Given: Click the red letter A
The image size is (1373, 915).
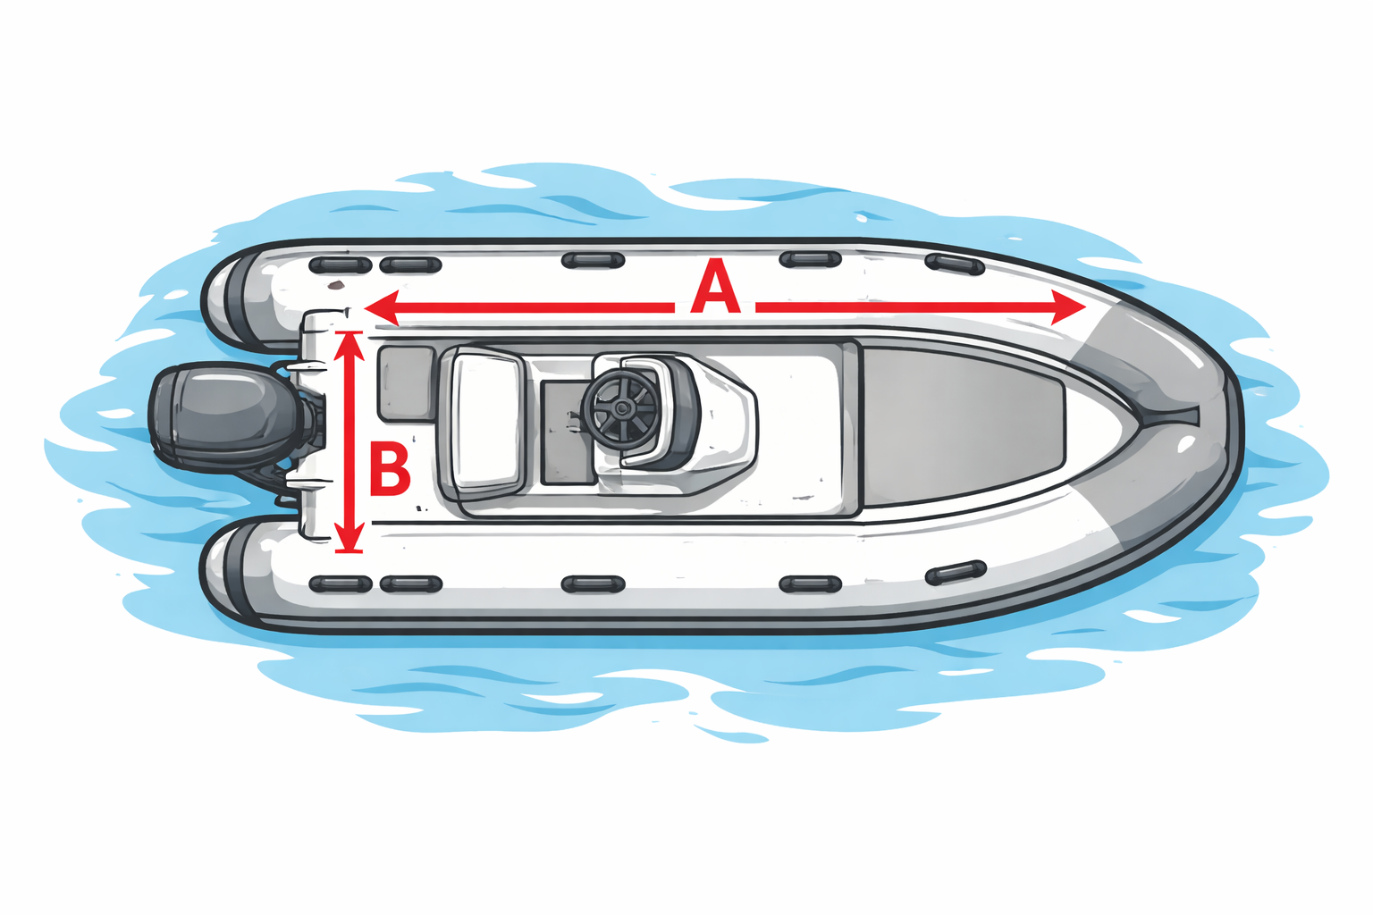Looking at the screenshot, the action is click(715, 286).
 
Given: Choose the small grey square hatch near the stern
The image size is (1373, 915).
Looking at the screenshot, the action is click(407, 384).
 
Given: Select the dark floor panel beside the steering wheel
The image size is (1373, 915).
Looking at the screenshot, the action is click(567, 432).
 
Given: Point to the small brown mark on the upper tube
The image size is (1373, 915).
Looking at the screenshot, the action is click(335, 284).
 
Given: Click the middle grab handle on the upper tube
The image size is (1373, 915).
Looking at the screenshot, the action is click(593, 260).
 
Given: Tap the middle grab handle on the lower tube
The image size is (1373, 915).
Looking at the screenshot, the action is click(593, 583).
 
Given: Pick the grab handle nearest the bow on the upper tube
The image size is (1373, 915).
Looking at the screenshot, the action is click(955, 264).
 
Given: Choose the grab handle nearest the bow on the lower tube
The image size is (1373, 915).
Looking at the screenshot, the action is click(956, 573).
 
